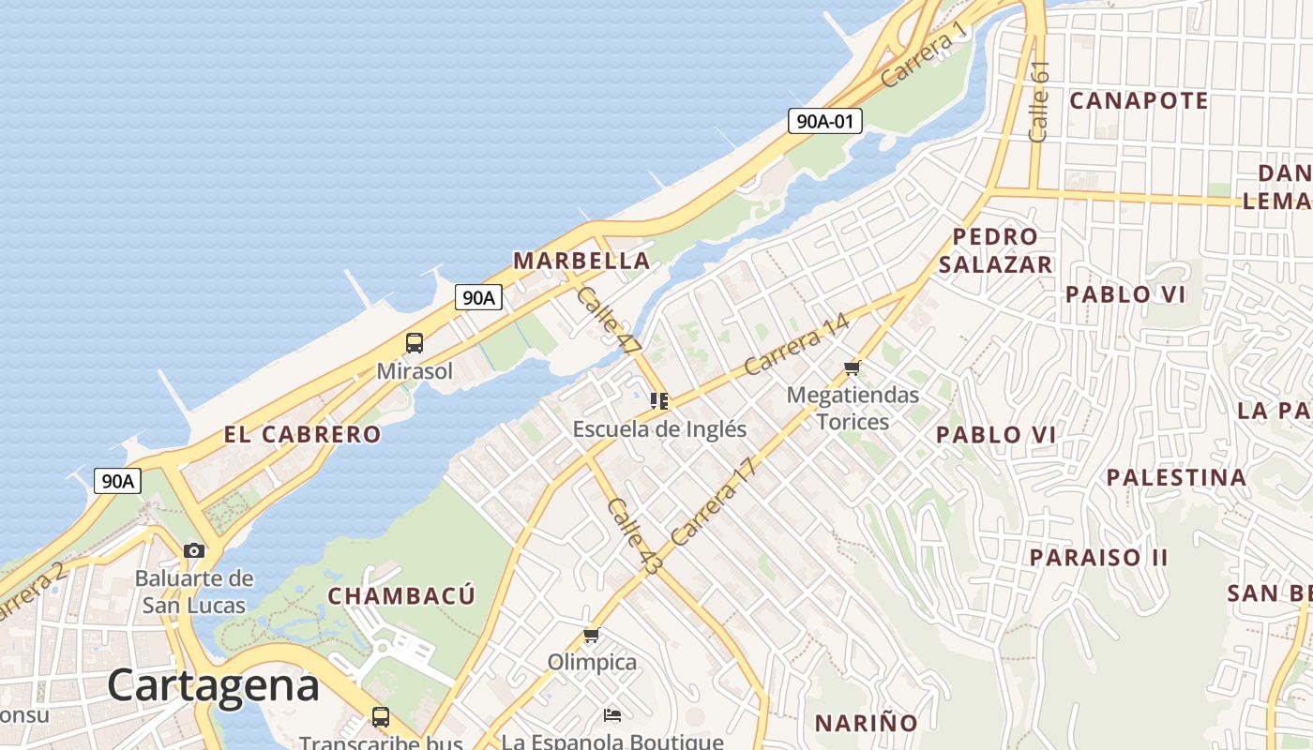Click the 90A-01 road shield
(x=824, y=120)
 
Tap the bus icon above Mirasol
(x=415, y=343)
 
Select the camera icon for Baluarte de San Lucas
(x=194, y=550)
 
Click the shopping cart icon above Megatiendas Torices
(x=852, y=367)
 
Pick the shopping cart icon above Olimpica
(x=592, y=636)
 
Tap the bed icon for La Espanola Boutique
(x=612, y=715)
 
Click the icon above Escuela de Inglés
(x=659, y=401)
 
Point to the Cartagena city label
(x=213, y=685)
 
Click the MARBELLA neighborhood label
(x=581, y=261)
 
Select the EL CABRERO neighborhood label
(x=302, y=434)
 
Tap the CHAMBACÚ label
(x=401, y=595)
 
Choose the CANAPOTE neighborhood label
(x=1139, y=100)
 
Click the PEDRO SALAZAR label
(x=995, y=250)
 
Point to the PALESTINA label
(x=1176, y=477)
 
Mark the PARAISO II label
(x=1099, y=557)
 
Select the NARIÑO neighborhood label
(x=866, y=723)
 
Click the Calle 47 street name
(x=608, y=322)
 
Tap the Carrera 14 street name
(x=796, y=344)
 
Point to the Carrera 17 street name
(x=713, y=502)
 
